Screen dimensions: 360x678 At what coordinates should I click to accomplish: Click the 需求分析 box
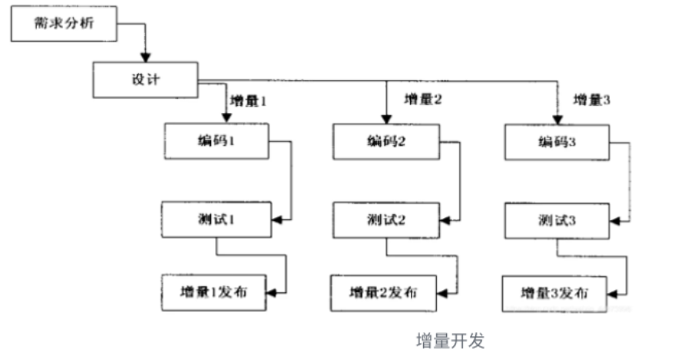click(x=64, y=26)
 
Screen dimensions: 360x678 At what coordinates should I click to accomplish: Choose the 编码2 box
click(x=385, y=142)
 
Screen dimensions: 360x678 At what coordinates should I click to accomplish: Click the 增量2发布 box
click(x=384, y=292)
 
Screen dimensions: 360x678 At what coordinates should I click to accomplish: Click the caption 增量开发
click(x=450, y=341)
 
